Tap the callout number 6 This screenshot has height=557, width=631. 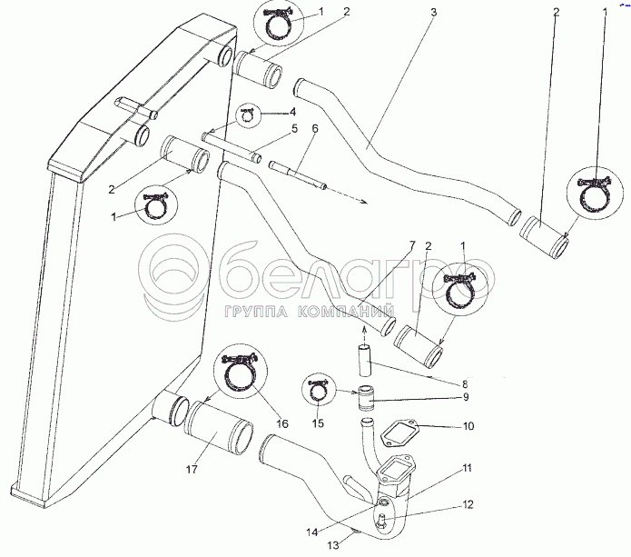point(315,130)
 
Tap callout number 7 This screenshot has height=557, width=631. point(410,245)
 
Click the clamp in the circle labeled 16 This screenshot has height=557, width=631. point(242,373)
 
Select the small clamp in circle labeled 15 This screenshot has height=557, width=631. point(317,392)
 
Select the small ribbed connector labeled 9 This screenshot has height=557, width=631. point(367,397)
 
